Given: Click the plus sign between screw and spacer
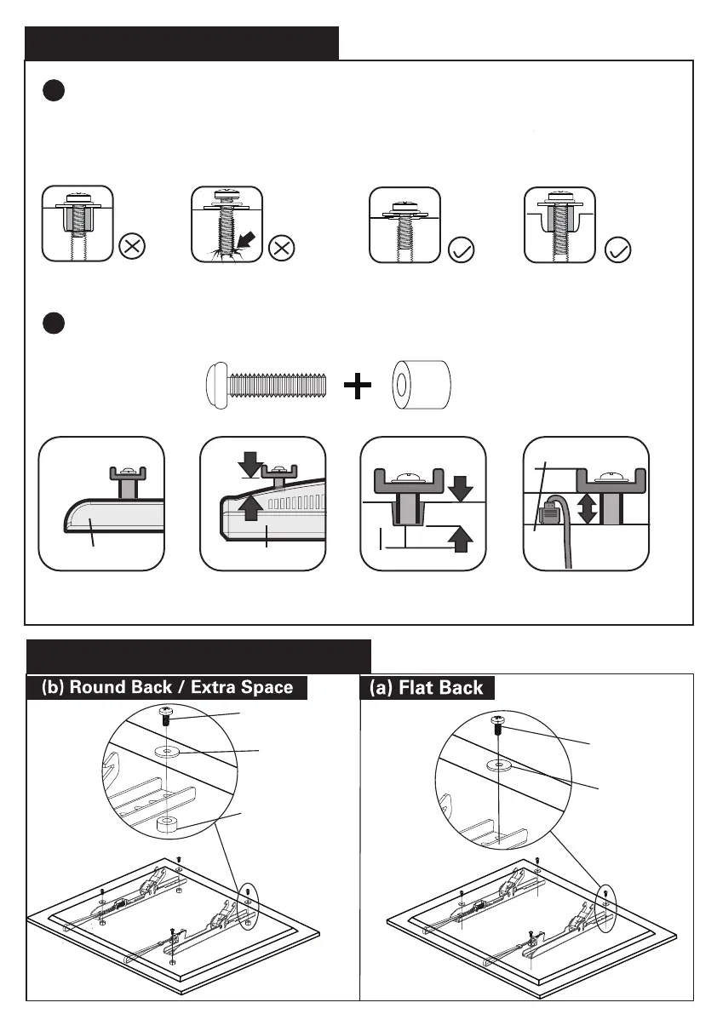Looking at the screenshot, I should pos(358,387).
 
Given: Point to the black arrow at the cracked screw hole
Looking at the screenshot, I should pos(245,241).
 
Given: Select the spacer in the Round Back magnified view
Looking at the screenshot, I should pos(167,822).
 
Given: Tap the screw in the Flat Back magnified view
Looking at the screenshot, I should pos(497,725).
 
